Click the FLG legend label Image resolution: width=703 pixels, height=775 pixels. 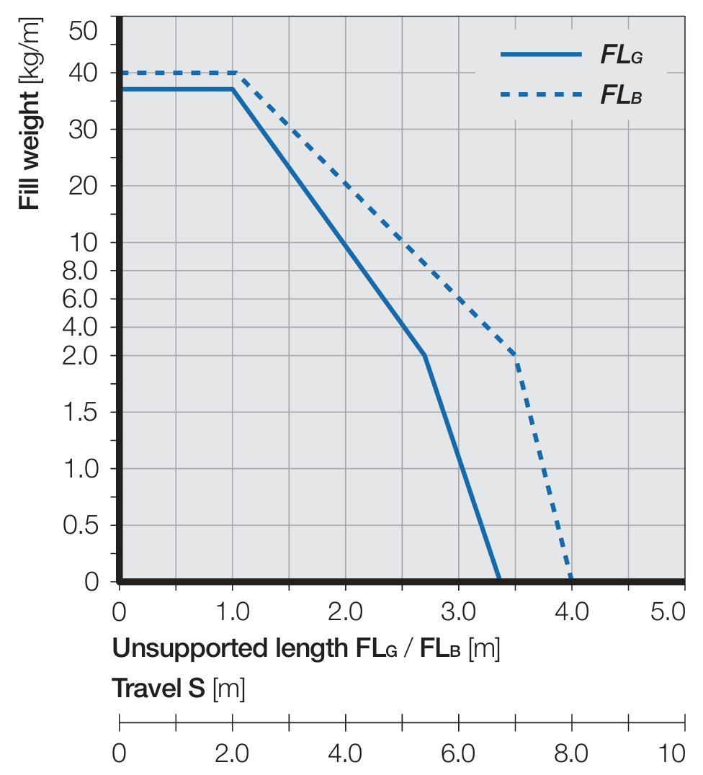[621, 55]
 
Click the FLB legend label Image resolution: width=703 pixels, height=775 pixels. [621, 95]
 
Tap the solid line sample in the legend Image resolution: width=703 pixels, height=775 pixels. [540, 54]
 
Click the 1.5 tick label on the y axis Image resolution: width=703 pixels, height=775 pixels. [81, 412]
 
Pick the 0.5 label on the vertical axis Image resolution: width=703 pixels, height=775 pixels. [81, 525]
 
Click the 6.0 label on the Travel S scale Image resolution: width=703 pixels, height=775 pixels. [459, 754]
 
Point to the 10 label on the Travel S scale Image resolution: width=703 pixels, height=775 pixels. [673, 754]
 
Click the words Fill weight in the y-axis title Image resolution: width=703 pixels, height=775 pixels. [29, 156]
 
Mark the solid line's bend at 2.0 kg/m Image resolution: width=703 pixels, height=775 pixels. [425, 356]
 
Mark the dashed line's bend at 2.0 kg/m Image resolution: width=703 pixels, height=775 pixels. [516, 356]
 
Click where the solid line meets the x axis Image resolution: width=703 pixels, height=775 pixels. [499, 580]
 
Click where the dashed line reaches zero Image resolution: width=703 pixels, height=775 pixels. [571, 580]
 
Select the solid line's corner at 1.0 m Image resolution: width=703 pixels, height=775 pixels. [233, 89]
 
